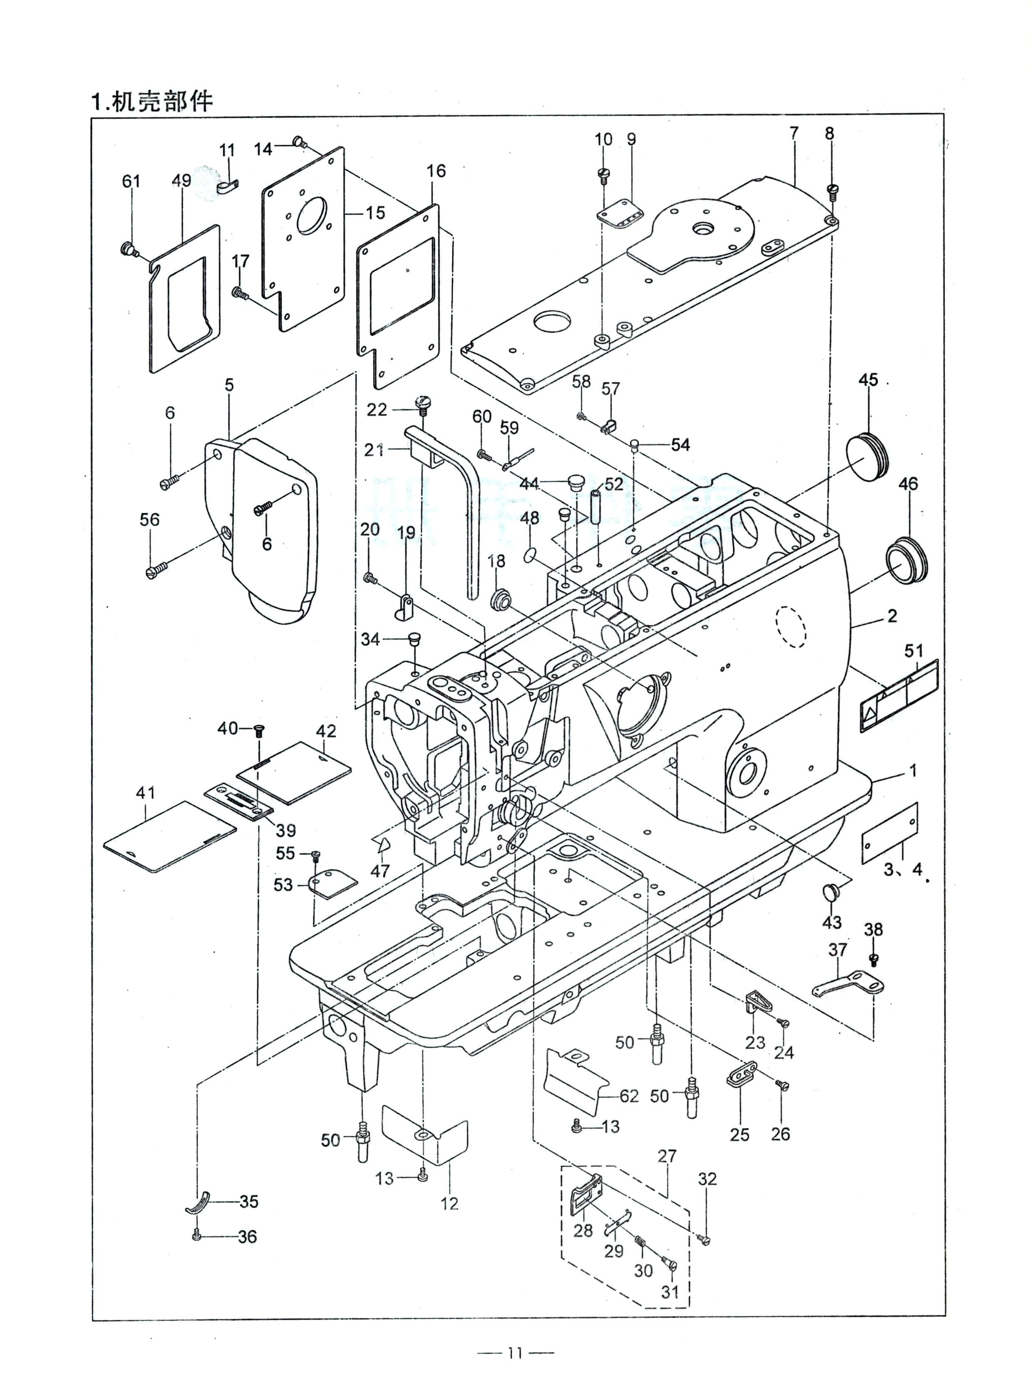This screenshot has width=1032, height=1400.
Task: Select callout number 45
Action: point(868,380)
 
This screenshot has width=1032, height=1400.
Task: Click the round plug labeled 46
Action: point(906,558)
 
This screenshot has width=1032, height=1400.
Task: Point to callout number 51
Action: point(913,651)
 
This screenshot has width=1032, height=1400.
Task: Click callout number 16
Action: point(436,171)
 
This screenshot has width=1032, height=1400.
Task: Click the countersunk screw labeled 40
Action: point(259,729)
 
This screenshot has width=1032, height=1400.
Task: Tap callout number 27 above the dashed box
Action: point(667,1156)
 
